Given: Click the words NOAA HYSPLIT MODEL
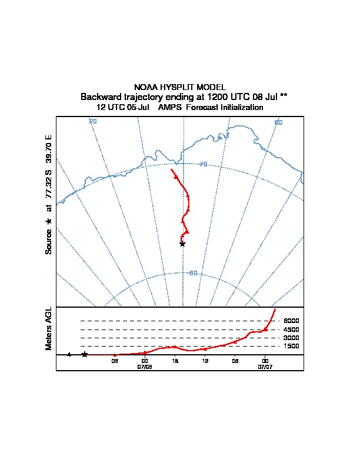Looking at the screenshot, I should (x=180, y=87).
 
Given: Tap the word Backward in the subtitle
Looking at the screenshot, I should (x=101, y=96).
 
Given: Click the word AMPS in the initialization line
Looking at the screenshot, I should (x=171, y=108).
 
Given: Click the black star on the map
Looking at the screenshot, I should (x=182, y=244).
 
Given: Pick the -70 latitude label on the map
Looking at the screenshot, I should (x=202, y=164).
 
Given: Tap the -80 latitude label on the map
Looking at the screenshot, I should (x=192, y=273).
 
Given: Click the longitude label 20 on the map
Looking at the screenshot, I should (x=93, y=122).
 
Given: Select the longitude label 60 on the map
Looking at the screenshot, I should (x=278, y=122).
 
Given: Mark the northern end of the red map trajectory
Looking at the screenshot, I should (x=171, y=169).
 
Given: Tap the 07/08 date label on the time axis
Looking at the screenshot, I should (x=145, y=366).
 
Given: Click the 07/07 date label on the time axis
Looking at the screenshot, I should (x=265, y=366).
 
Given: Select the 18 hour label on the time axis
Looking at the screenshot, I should (x=175, y=360).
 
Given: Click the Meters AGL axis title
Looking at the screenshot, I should (x=49, y=328).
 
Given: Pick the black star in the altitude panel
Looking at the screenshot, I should (x=85, y=354).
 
